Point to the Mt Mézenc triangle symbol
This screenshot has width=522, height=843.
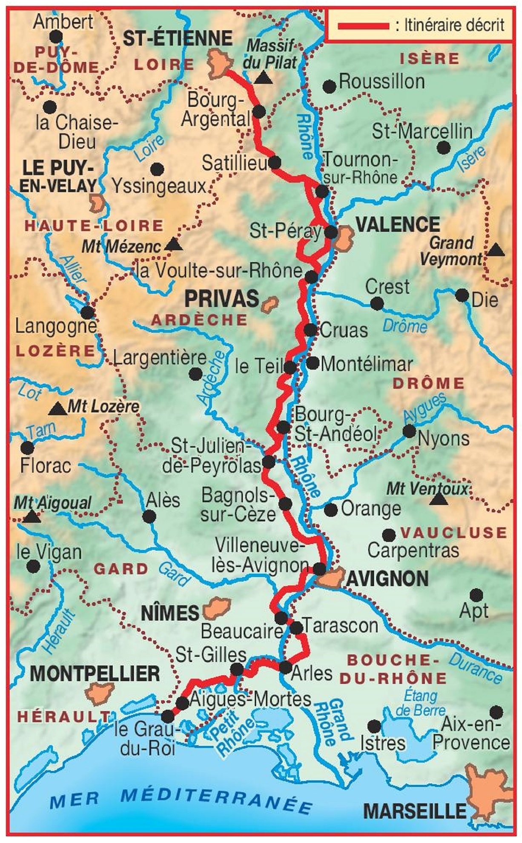pyautogui.click(x=172, y=244)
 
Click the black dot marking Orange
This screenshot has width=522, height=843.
pyautogui.click(x=330, y=509)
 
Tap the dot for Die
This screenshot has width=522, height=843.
pyautogui.click(x=462, y=295)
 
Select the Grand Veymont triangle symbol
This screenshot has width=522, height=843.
pyautogui.click(x=495, y=250)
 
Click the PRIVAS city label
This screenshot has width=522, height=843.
pyautogui.click(x=221, y=298)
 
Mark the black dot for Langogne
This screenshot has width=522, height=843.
pyautogui.click(x=87, y=312)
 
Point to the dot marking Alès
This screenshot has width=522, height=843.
pyautogui.click(x=149, y=517)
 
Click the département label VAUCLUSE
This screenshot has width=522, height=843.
pyautogui.click(x=453, y=532)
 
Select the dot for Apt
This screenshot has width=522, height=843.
pyautogui.click(x=476, y=595)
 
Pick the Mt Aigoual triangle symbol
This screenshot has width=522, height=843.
pyautogui.click(x=31, y=517)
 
